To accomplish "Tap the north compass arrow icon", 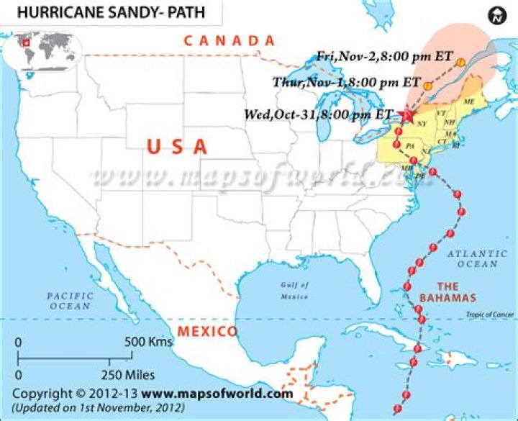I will click(497, 15).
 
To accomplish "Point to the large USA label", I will click(177, 147).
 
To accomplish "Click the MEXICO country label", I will click(207, 332).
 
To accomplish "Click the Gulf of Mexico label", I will click(294, 290).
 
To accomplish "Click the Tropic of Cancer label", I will click(489, 314).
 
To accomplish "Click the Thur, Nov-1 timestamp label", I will click(347, 82).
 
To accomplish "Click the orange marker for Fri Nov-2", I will click(460, 63).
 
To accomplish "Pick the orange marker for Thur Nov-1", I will click(428, 86).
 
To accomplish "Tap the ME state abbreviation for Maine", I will click(469, 102).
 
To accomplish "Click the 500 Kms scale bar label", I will click(149, 342).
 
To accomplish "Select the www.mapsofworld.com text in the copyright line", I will click(217, 394).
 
